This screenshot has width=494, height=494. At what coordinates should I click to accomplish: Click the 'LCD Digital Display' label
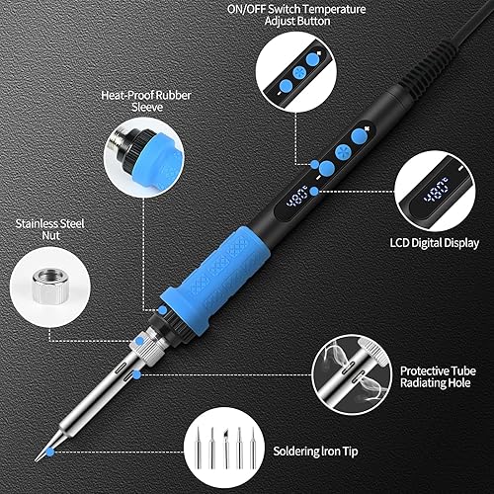[435, 243]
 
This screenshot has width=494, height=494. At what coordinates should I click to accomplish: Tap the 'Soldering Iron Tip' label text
[315, 452]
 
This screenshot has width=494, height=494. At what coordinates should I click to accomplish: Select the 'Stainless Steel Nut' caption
[50, 229]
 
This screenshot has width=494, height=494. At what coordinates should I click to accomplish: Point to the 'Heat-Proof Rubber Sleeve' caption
[146, 101]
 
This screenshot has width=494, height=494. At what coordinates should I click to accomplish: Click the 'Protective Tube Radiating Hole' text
[438, 377]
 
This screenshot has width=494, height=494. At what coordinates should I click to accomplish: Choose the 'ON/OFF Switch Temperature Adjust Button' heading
[296, 15]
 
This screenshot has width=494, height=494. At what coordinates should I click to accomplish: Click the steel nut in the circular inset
[48, 286]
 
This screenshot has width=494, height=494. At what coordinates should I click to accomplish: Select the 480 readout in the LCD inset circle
[437, 191]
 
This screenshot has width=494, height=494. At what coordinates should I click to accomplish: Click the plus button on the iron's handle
[359, 136]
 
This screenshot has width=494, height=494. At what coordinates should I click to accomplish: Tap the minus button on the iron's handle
[327, 168]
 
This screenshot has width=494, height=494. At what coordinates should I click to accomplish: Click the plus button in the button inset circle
[313, 59]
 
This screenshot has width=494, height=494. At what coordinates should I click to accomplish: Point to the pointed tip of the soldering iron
[37, 459]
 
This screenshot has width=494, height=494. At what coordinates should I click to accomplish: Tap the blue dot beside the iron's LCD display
[314, 191]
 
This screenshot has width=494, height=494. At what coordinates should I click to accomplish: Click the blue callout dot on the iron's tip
[50, 452]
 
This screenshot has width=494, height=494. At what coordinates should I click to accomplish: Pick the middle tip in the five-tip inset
[226, 449]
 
